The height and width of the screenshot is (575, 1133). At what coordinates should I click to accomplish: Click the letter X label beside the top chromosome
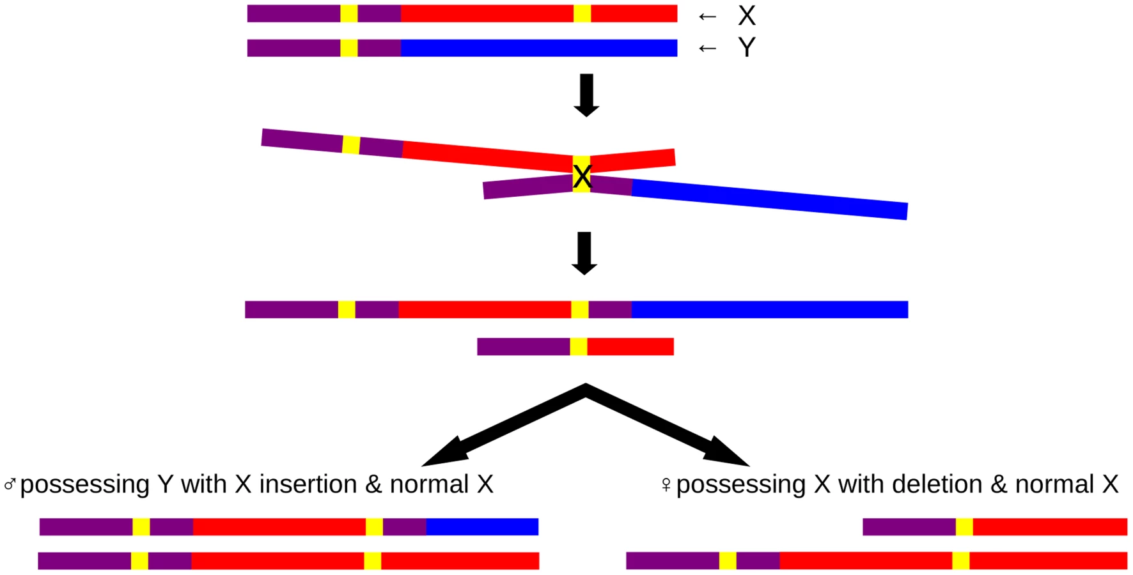(747, 15)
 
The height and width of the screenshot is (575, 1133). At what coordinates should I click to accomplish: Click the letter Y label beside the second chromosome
(747, 47)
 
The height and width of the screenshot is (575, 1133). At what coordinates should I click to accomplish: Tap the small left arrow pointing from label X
(707, 16)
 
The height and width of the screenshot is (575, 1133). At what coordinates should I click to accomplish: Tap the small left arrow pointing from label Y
(707, 48)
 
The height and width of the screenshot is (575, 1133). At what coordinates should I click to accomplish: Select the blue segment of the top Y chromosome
(539, 48)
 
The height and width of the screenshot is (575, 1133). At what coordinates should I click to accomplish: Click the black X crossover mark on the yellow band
(582, 176)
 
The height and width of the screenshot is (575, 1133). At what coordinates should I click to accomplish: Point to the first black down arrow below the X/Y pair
(586, 95)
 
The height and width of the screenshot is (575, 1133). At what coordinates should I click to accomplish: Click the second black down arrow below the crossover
(584, 254)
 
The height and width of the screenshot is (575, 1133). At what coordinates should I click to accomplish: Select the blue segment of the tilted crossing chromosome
(770, 199)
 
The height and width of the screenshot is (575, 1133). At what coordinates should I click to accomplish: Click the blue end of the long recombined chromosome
(770, 309)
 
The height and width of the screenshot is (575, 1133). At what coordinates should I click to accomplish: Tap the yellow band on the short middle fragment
(579, 346)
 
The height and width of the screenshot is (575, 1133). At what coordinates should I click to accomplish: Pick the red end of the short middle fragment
(630, 346)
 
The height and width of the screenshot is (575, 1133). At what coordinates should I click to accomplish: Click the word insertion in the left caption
(308, 484)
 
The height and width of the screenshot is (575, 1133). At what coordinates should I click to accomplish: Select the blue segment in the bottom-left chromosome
(482, 526)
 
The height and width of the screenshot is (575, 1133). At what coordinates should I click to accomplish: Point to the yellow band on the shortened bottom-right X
(964, 526)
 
